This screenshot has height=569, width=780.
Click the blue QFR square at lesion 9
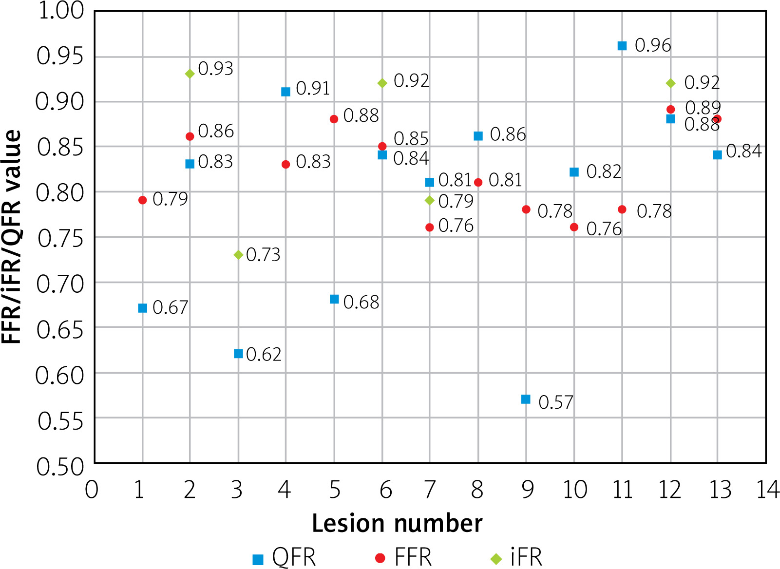click(x=526, y=399)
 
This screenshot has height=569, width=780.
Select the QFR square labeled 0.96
click(x=622, y=46)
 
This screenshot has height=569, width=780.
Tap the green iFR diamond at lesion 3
click(x=238, y=255)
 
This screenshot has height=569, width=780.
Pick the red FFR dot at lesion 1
click(x=142, y=200)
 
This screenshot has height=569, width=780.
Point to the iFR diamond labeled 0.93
click(x=190, y=74)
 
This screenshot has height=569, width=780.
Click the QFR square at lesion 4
click(x=286, y=92)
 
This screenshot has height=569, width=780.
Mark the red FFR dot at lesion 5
click(x=334, y=119)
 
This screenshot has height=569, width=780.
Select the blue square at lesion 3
click(x=238, y=354)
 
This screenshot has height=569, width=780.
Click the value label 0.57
click(x=556, y=402)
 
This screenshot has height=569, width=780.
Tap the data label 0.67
click(x=170, y=307)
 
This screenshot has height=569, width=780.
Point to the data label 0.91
click(x=313, y=89)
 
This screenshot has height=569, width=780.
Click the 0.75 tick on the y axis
click(x=60, y=239)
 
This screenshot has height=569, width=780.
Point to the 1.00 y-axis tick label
click(x=60, y=11)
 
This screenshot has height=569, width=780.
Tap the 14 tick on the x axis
click(x=767, y=490)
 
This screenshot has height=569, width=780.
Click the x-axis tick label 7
click(x=430, y=490)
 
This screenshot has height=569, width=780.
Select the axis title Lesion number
click(x=397, y=523)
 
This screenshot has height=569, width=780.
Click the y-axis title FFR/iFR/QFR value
click(x=12, y=237)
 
